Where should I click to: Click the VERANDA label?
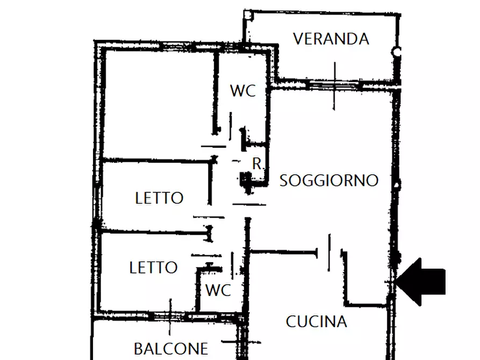click(x=331, y=39)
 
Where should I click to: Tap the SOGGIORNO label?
click(x=329, y=181)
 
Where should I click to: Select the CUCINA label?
click(x=316, y=322)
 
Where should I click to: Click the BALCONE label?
click(x=170, y=349)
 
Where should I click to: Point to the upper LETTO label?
click(x=159, y=198)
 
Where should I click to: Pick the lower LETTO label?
click(x=154, y=268)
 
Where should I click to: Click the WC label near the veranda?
click(x=243, y=91)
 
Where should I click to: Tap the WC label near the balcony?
click(x=218, y=291)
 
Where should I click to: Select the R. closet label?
click(x=258, y=164)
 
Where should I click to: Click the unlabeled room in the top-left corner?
click(x=159, y=102)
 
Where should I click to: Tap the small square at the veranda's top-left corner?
click(x=248, y=15)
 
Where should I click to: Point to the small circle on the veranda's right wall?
click(x=397, y=53)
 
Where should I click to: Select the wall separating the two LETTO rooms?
click(x=153, y=232)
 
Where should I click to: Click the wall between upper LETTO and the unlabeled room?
click(x=156, y=160)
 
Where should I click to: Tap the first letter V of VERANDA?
click(x=299, y=39)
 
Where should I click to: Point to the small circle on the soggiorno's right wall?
click(x=397, y=185)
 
